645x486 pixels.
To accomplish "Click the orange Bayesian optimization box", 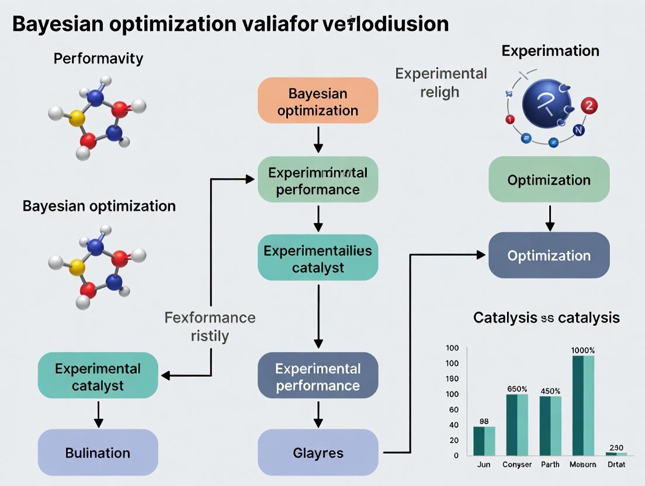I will tap(318, 102).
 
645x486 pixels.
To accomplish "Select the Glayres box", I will tap(318, 452).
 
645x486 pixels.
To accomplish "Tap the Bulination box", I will tap(98, 452).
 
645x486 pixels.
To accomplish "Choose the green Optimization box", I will tap(549, 180).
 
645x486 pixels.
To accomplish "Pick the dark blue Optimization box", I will tap(549, 255).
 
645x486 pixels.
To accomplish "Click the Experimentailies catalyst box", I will tap(318, 259).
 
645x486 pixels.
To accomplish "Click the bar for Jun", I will tap(484, 440).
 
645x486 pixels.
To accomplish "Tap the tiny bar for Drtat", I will tap(616, 453).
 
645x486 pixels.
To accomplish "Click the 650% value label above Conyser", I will tap(517, 388).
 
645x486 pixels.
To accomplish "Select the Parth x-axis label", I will tap(550, 464).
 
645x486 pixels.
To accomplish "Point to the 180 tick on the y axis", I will tap(453, 379).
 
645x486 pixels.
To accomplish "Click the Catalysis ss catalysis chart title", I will tap(546, 318).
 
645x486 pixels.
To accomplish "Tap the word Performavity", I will tap(98, 58).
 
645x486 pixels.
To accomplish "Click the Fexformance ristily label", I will tap(210, 327).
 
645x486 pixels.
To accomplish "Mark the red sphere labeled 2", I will tap(589, 106).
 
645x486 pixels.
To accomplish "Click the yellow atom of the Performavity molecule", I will tap(77, 119).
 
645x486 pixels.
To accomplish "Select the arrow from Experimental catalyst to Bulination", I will tap(98, 414).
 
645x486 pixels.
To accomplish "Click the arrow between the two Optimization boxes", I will tap(549, 217).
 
